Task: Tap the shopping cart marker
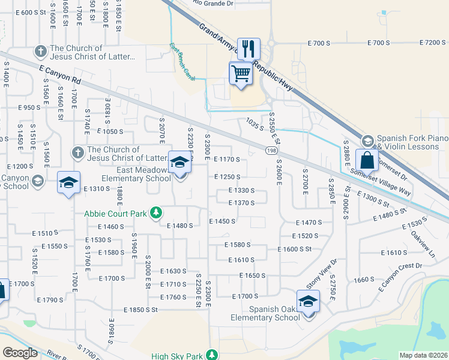[x=241, y=74]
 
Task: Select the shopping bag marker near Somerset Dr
[x=366, y=160]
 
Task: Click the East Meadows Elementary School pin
[x=179, y=161]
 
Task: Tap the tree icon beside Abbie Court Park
[x=156, y=212]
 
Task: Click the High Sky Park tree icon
[x=211, y=355]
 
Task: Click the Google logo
[x=19, y=353]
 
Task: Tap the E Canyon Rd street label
[x=60, y=75]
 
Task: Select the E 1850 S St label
[x=140, y=310]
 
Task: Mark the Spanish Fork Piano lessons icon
[x=367, y=141]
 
